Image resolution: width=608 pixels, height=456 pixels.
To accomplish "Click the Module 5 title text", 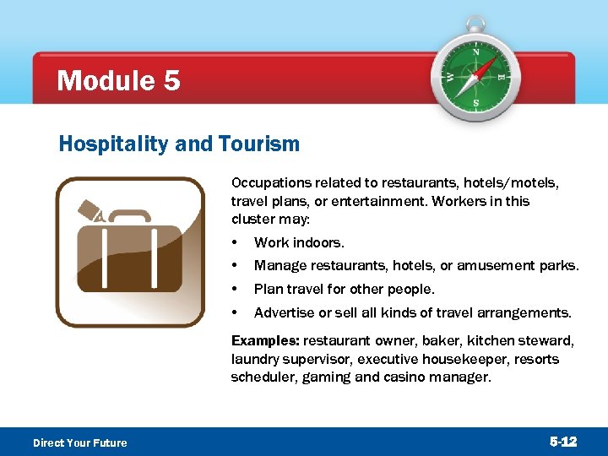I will tap(118, 81).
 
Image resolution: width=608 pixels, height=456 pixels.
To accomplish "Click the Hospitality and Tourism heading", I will tap(179, 144).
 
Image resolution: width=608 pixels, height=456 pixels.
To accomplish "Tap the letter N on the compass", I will tap(475, 52).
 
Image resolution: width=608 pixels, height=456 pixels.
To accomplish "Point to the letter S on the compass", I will tap(476, 103).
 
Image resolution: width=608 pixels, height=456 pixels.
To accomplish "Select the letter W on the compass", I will tap(449, 77).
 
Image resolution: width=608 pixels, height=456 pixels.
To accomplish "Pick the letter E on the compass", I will tap(502, 77).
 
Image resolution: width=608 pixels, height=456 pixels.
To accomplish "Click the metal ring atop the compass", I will tap(476, 24).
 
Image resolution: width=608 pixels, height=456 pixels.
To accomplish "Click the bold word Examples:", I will tap(265, 341).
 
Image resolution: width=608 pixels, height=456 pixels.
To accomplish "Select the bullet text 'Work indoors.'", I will tap(299, 243).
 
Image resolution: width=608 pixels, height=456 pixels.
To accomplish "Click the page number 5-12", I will tap(563, 442).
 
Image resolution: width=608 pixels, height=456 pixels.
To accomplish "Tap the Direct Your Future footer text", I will tap(79, 442).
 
